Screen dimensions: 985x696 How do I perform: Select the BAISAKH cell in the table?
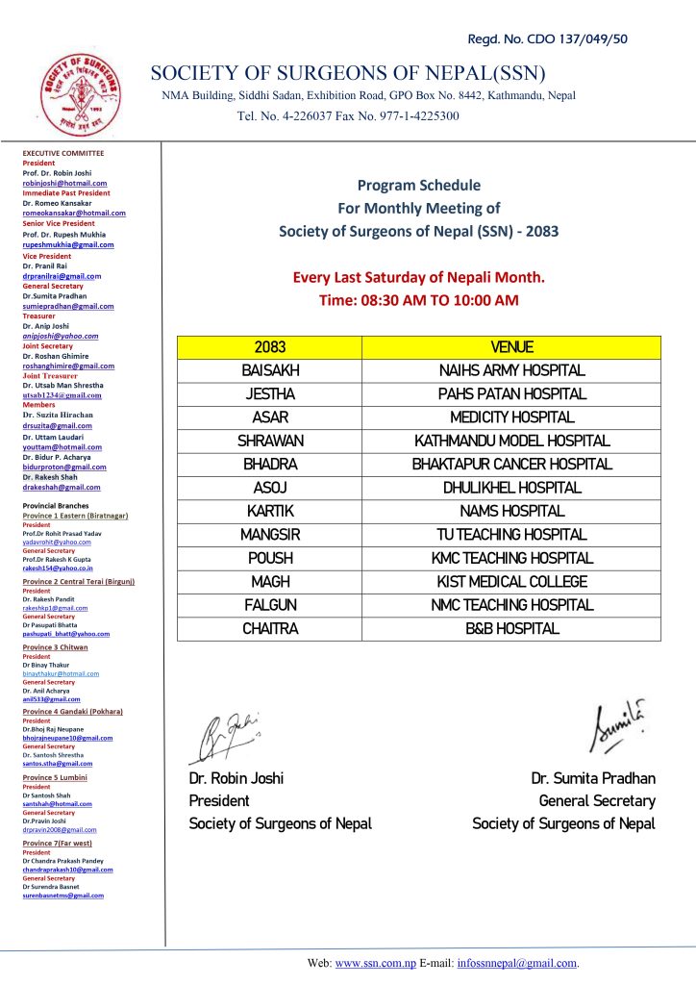pos(270,370)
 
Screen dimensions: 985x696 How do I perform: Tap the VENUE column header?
pos(511,347)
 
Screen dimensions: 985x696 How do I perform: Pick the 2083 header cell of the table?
pos(270,347)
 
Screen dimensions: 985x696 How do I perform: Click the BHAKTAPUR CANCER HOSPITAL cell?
pos(511,464)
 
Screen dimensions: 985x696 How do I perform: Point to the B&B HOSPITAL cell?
pos(511,628)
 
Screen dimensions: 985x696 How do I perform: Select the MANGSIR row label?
pos(270,534)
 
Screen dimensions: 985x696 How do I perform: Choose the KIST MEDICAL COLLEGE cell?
pos(511,581)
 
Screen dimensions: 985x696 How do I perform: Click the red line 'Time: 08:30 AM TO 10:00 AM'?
pos(418,300)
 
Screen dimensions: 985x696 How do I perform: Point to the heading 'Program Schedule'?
pos(418,185)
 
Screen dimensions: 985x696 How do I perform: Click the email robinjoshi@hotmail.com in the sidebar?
pos(64,182)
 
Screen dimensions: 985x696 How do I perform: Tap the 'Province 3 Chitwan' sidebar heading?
pos(55,647)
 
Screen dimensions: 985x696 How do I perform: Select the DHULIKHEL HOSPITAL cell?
pos(511,488)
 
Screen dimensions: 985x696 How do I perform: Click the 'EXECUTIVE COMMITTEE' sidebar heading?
pos(62,153)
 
